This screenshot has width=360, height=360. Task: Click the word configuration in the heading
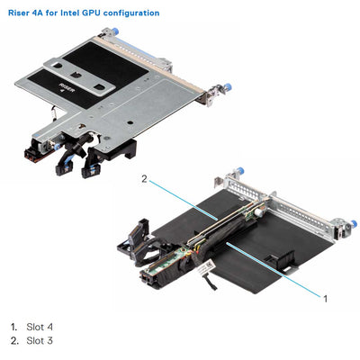point(131,13)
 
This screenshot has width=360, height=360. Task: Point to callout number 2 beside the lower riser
point(143,180)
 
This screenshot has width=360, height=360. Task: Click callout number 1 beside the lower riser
point(326,295)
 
